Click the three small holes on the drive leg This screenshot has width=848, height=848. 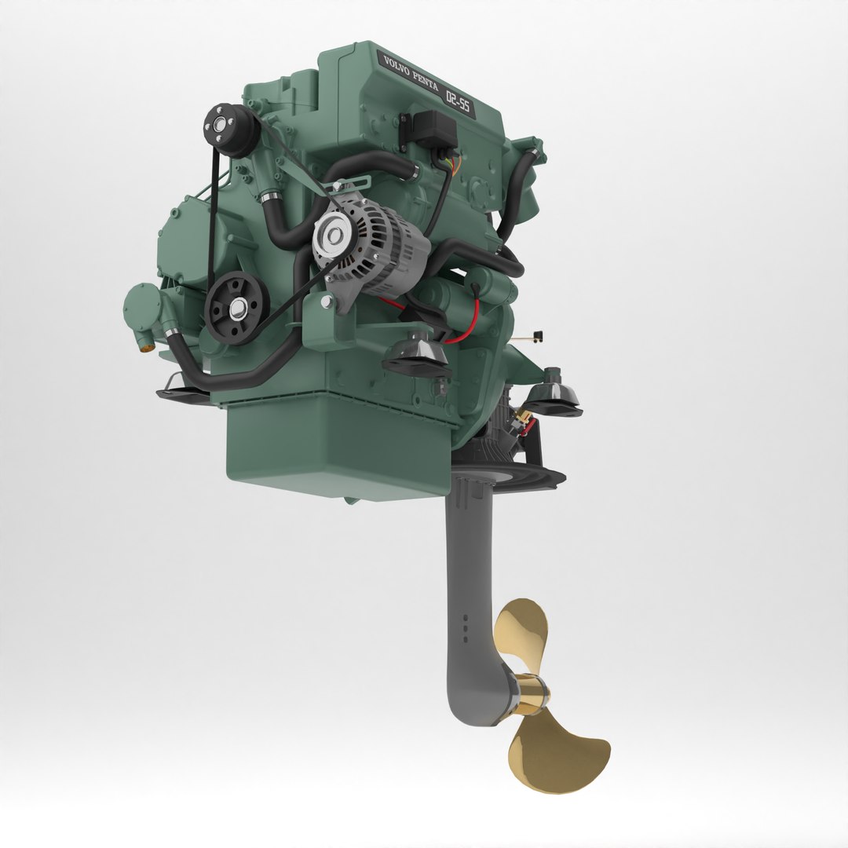(x=464, y=628)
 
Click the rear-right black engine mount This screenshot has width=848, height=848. (x=554, y=396)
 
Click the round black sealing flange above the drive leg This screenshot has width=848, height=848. (x=510, y=471)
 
